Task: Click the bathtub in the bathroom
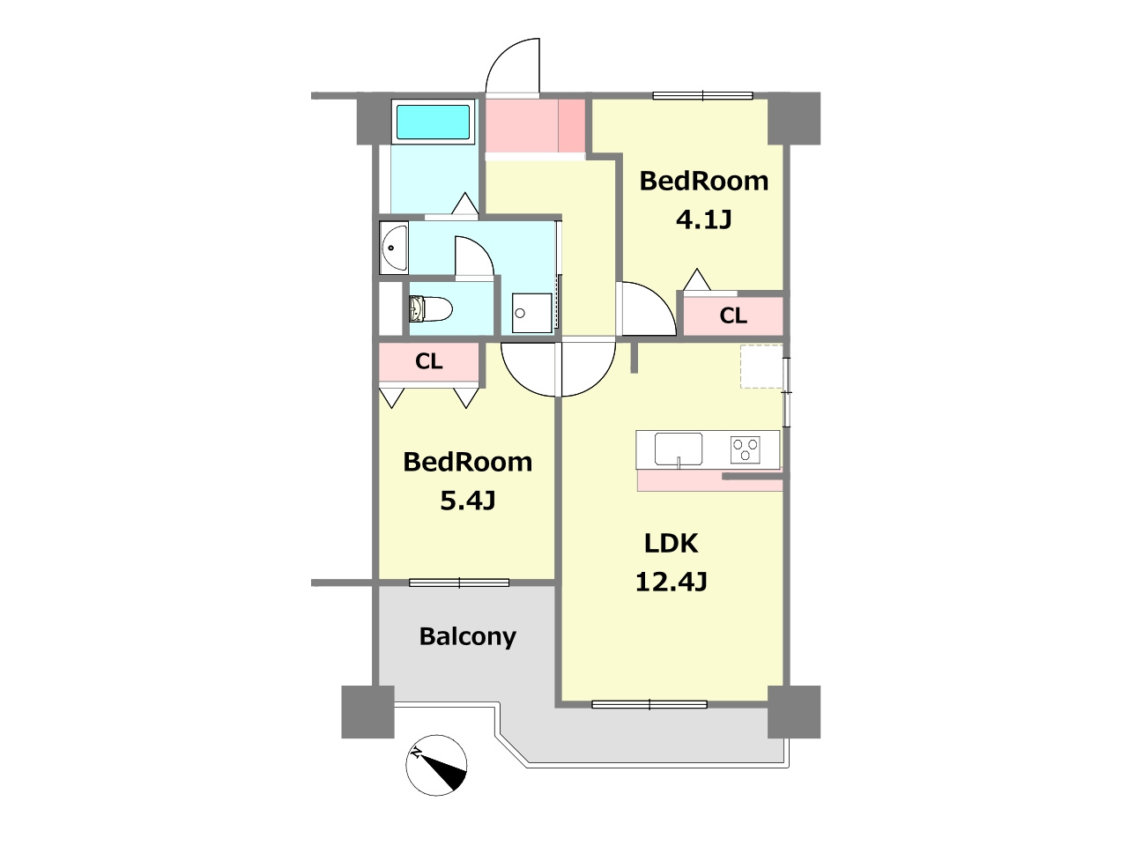tap(433, 122)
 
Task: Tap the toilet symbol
tap(431, 308)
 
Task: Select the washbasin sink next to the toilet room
tap(394, 248)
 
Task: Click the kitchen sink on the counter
tap(679, 449)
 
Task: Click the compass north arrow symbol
tap(436, 765)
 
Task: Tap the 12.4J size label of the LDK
tap(672, 583)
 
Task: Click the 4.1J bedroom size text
tap(703, 219)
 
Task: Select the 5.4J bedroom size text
tap(468, 501)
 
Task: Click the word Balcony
tap(468, 637)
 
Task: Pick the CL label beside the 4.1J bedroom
tap(733, 315)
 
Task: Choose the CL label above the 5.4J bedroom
tap(428, 361)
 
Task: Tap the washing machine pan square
tap(532, 313)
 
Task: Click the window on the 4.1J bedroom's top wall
tap(702, 95)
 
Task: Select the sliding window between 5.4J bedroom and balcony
tap(459, 583)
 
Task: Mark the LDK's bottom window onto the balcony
tap(649, 705)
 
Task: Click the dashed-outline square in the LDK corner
tap(761, 367)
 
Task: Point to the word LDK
tap(672, 544)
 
